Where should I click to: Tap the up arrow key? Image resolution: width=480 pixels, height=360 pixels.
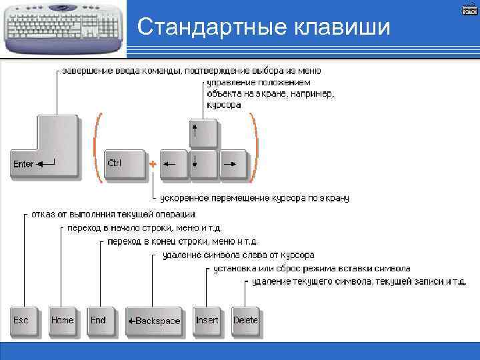(203, 133)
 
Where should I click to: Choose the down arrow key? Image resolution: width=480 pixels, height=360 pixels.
(203, 163)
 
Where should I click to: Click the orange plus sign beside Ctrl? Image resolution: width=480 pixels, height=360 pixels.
(153, 163)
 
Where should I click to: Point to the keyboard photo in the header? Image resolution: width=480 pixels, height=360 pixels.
(63, 27)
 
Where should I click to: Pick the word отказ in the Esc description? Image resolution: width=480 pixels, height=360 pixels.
(42, 214)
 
